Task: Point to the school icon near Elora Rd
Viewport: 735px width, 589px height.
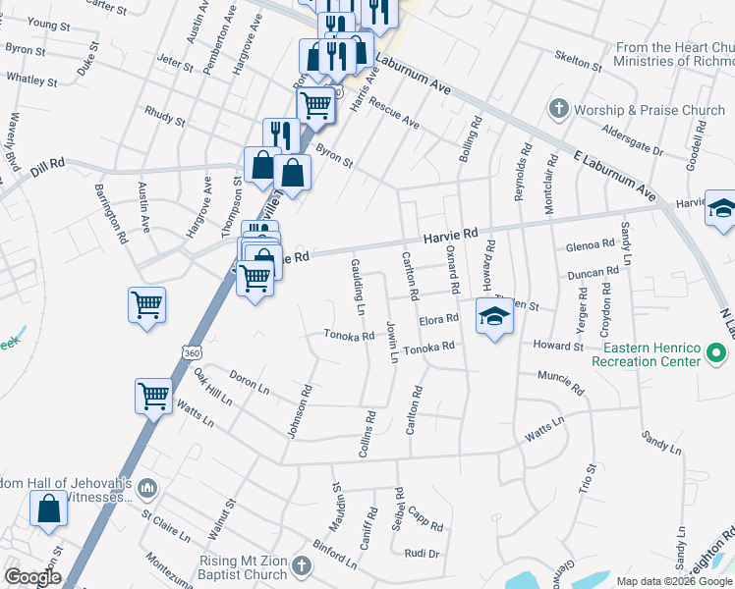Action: [x=493, y=316]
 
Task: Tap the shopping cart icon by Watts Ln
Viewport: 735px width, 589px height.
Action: [x=153, y=398]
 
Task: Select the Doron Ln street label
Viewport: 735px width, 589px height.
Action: [x=250, y=382]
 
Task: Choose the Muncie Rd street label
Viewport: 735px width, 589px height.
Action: [x=561, y=382]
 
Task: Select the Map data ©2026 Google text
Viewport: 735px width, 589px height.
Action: [x=673, y=581]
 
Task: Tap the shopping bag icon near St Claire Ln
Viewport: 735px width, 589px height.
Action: [x=48, y=509]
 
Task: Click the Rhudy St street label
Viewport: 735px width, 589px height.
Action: [x=164, y=117]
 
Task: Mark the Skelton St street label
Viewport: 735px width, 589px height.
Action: [x=578, y=61]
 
